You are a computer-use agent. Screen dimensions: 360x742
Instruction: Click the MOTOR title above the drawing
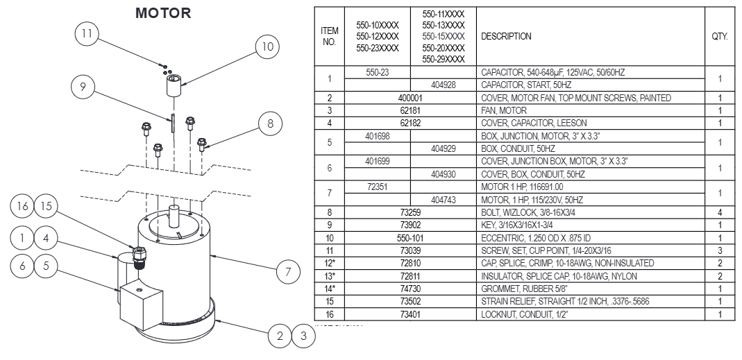(x=163, y=13)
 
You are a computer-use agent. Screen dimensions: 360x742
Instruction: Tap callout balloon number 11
(x=87, y=33)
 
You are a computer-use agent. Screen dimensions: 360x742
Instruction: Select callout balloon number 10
(x=266, y=47)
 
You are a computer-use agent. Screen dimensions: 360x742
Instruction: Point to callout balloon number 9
(x=83, y=87)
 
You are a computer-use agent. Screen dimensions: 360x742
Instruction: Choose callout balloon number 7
(x=288, y=272)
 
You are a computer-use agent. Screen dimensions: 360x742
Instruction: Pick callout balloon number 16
(x=22, y=207)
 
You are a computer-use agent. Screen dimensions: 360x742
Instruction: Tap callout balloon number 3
(x=303, y=336)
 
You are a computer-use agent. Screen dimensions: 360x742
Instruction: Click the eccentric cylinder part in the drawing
(x=174, y=89)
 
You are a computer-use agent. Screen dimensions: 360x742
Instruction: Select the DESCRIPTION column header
(x=506, y=36)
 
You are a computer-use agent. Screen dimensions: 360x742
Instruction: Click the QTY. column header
(x=719, y=36)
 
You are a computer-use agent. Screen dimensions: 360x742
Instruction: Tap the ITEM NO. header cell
(x=330, y=36)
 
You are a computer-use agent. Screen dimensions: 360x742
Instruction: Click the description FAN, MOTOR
(x=504, y=110)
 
